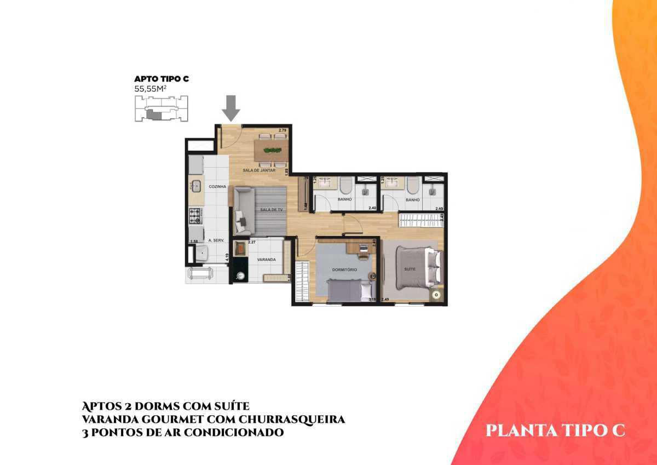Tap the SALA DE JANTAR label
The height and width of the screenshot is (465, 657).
(258, 171)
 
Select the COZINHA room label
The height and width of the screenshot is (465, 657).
(217, 187)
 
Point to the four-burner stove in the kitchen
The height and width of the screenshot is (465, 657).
(195, 216)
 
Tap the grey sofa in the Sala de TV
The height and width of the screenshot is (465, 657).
(243, 210)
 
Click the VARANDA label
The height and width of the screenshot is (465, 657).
(267, 260)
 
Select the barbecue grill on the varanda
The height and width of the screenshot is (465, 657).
(240, 249)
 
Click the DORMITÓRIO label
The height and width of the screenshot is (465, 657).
(344, 270)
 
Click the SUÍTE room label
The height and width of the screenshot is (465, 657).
(410, 269)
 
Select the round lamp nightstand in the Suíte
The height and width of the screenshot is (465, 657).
(436, 294)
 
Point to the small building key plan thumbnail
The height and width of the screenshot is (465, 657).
(161, 108)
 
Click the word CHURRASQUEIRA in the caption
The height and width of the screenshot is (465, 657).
(290, 419)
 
